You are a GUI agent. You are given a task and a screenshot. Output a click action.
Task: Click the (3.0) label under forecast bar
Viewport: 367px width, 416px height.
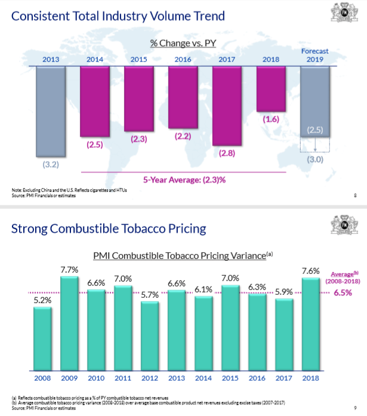coord(315,161)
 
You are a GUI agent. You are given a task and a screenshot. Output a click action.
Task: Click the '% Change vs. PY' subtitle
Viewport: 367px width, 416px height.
coord(183,43)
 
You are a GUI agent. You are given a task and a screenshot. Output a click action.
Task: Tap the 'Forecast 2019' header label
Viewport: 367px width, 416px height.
coord(315,56)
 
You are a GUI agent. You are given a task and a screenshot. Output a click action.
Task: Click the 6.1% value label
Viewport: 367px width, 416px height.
coord(203,289)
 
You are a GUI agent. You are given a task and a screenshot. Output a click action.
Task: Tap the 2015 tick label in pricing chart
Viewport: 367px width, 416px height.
coord(230,377)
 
